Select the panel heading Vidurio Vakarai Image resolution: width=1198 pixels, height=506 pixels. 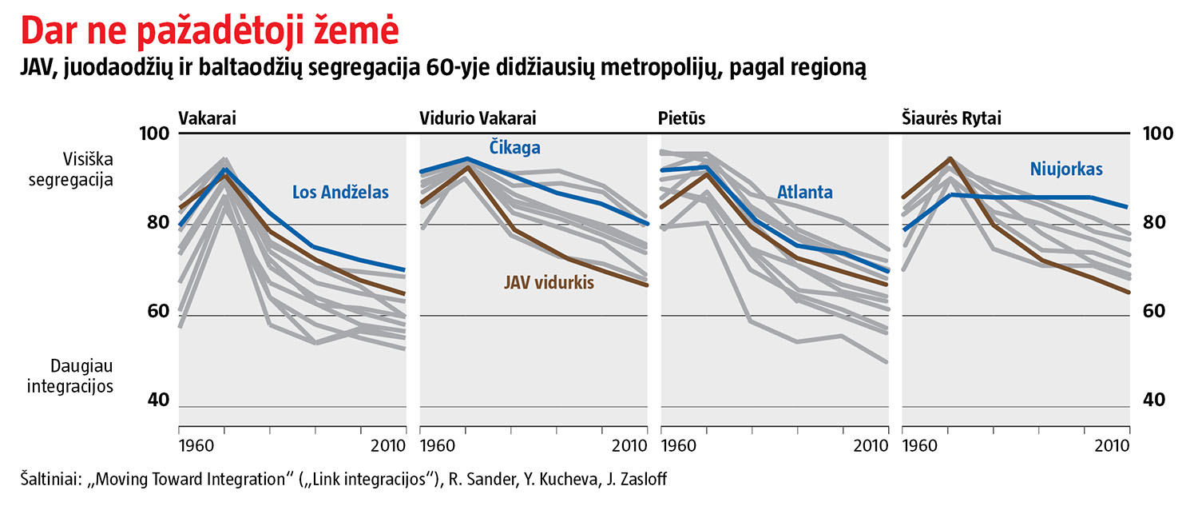(x=478, y=118)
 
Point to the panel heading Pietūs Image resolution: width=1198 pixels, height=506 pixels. (x=681, y=118)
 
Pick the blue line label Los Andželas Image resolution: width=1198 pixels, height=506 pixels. (x=340, y=192)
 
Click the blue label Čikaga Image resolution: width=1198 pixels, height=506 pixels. (x=515, y=148)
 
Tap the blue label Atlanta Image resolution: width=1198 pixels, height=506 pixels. (x=804, y=192)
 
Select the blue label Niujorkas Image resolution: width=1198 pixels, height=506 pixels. (x=1065, y=169)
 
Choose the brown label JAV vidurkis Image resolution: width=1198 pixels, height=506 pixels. (x=549, y=282)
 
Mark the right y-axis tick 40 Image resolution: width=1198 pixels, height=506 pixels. (x=1159, y=400)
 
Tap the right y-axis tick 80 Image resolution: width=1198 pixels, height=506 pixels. (x=1159, y=222)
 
